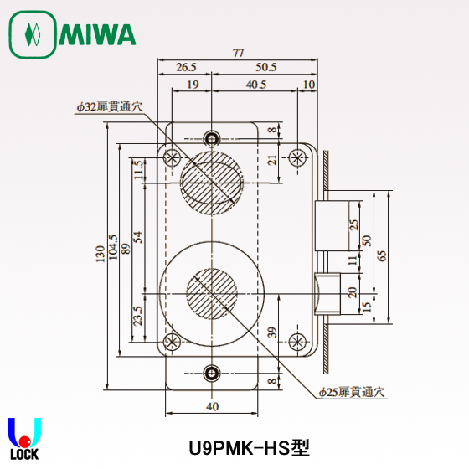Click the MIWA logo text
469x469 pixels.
pos(96,35)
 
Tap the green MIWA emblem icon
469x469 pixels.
pos(32,35)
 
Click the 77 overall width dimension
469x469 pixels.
pos(238,54)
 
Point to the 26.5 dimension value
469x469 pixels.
pos(185,68)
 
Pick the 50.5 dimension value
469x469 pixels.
pos(266,68)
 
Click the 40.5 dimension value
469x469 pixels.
pos(256,85)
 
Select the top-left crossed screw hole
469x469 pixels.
pos(172,157)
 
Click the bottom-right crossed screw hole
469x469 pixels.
pos(296,341)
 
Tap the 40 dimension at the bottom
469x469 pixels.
pos(213,406)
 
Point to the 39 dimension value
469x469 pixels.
pos(271,333)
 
